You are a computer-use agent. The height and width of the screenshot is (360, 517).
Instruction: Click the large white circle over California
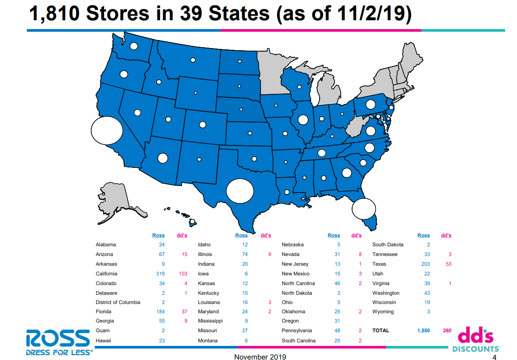(107, 130)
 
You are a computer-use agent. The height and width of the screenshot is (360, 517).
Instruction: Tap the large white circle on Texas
(240, 191)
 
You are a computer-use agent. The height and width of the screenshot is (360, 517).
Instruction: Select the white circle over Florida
(364, 209)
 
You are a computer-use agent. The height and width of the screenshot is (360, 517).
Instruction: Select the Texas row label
(379, 264)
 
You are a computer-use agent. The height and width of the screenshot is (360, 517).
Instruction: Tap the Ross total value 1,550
(423, 330)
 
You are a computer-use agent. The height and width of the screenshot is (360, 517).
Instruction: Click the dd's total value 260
(446, 330)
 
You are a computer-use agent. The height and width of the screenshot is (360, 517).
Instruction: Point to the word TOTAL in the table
(381, 330)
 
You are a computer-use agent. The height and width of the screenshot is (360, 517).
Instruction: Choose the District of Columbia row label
(118, 302)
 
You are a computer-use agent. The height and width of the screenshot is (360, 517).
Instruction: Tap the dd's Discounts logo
(476, 340)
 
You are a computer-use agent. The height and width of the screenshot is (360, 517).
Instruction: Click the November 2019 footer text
(260, 357)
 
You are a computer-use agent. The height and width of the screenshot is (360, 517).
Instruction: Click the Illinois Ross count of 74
(245, 254)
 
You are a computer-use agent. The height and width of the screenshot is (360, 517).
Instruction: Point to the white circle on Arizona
(163, 158)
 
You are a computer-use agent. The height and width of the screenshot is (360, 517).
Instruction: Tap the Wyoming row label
(383, 312)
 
